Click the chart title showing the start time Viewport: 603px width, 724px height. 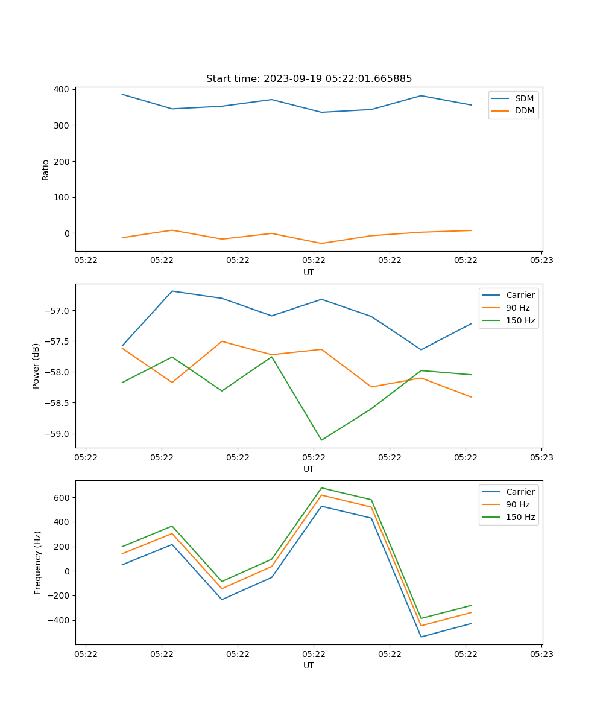(309, 79)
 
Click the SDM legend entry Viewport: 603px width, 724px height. (524, 98)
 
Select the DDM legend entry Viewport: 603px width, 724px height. (524, 110)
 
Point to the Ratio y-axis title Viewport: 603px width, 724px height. (46, 170)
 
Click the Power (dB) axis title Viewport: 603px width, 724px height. (36, 366)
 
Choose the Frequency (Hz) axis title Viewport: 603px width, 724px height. (38, 562)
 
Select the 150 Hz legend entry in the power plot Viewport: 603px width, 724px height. (520, 320)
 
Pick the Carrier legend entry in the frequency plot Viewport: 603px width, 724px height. (520, 492)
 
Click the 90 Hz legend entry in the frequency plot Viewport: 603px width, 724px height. (517, 504)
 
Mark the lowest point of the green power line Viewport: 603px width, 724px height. (321, 440)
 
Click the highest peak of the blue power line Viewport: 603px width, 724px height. (172, 291)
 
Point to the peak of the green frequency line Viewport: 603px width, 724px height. (321, 487)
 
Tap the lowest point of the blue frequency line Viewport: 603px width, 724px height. (421, 637)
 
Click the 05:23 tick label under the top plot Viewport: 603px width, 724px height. (541, 261)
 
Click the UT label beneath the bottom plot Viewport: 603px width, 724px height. (309, 665)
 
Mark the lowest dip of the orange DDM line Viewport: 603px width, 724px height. (321, 243)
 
